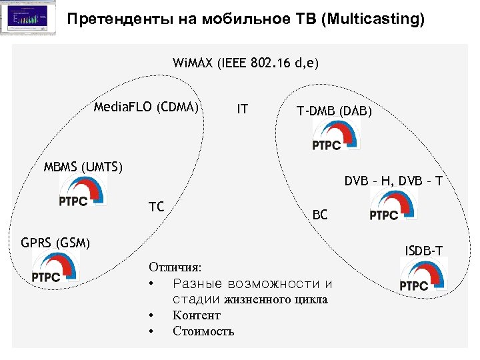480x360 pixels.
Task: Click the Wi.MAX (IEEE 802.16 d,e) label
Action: [246, 63]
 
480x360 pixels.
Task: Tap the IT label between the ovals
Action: [243, 108]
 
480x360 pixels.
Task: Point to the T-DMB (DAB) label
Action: [334, 111]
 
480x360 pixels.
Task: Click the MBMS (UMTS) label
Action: [83, 166]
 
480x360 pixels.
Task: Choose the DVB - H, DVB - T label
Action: [393, 180]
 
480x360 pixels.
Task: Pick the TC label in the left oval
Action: [156, 207]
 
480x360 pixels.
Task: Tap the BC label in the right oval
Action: [320, 215]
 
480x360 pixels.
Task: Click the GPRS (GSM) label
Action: [56, 242]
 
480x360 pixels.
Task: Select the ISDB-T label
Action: [424, 251]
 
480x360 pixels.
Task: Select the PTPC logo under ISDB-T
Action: [419, 276]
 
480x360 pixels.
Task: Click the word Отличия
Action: [175, 267]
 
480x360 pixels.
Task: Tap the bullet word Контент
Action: [196, 315]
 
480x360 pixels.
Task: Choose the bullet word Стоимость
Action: [203, 331]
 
